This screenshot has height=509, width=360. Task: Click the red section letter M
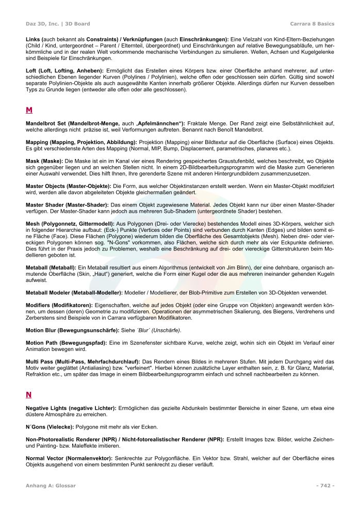29,110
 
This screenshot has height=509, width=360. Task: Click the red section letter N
29,395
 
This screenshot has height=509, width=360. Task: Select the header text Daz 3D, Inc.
42,24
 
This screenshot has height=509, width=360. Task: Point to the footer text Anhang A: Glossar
51,485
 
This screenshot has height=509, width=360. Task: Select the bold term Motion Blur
42,330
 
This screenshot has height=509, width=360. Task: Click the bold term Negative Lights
48,408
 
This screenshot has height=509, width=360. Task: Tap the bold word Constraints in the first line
106,39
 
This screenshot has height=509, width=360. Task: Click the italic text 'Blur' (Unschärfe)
157,330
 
